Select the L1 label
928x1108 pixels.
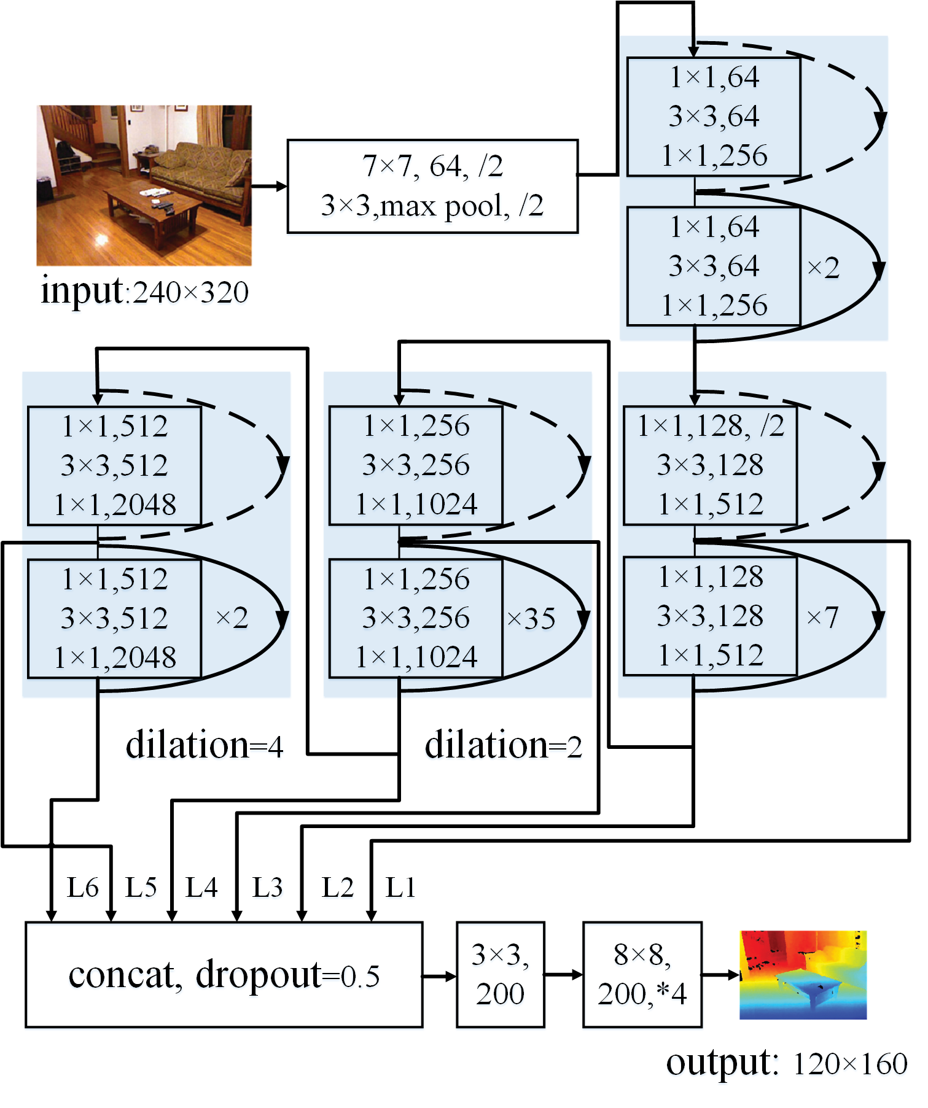pyautogui.click(x=400, y=887)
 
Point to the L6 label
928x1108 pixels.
pyautogui.click(x=83, y=887)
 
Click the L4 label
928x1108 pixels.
pyautogui.click(x=201, y=887)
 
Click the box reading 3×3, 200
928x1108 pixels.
pyautogui.click(x=500, y=974)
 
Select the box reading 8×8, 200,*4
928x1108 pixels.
pyautogui.click(x=642, y=974)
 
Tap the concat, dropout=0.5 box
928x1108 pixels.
pyautogui.click(x=224, y=974)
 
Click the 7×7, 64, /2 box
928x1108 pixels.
pyautogui.click(x=432, y=186)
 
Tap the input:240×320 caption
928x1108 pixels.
pyautogui.click(x=145, y=291)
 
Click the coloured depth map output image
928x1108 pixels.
pyautogui.click(x=803, y=974)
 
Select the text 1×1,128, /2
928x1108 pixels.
pyautogui.click(x=711, y=425)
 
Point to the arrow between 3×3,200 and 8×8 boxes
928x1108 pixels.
pyautogui.click(x=563, y=974)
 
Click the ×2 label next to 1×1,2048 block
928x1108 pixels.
pyautogui.click(x=232, y=618)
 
